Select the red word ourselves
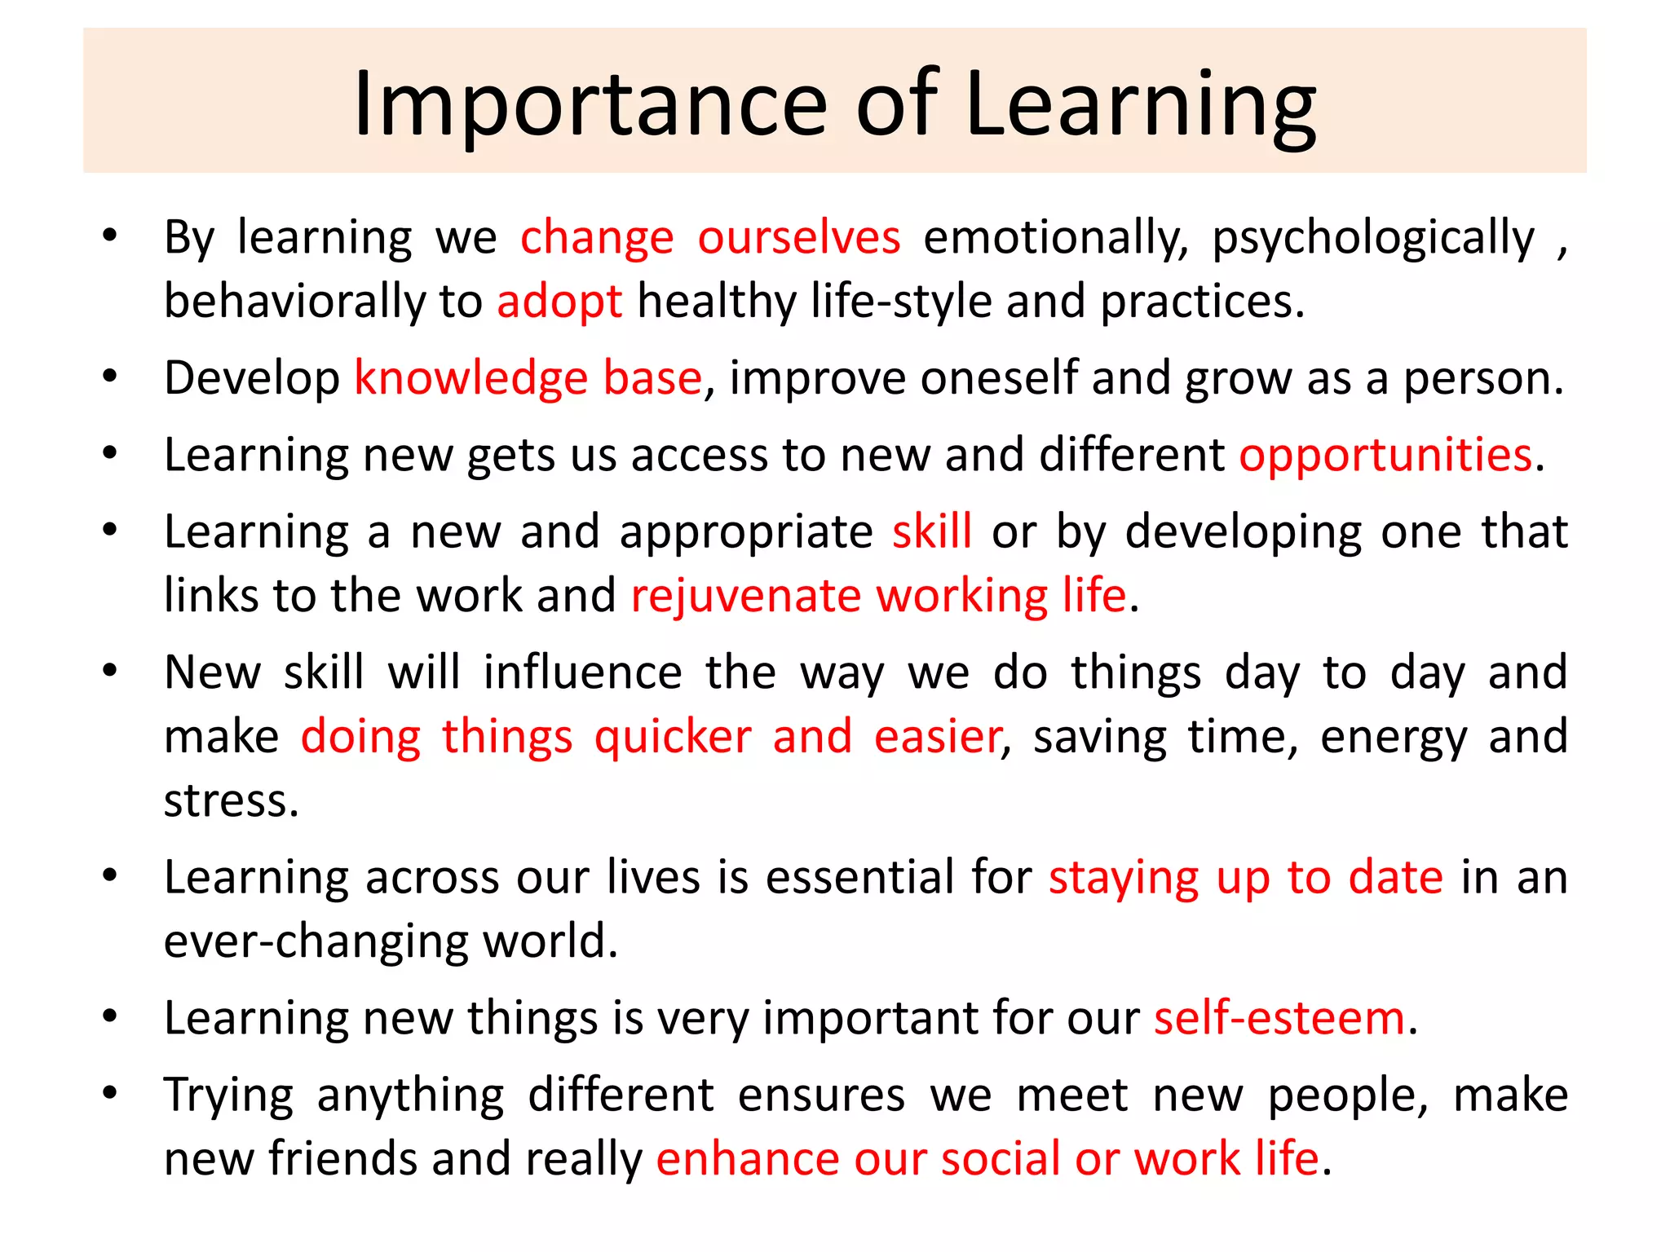pos(799,238)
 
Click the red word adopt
pos(559,302)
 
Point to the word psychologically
pos(1373,238)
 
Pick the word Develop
pos(252,379)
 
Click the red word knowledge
pos(471,379)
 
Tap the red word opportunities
pos(1385,455)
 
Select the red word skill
pos(932,531)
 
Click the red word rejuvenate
pos(745,596)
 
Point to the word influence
pos(582,672)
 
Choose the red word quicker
pos(673,737)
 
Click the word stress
pos(231,801)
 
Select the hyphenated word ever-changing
pos(316,942)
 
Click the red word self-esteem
pos(1279,1019)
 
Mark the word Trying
pos(228,1095)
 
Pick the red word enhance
pos(747,1159)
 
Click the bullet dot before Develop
pos(110,377)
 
